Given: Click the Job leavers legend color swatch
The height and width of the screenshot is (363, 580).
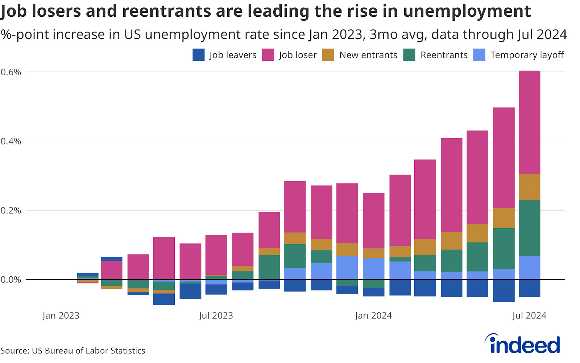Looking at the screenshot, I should click(199, 55).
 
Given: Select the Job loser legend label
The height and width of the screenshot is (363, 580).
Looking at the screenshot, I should click(298, 55).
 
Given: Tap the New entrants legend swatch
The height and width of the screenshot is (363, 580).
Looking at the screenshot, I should click(328, 55).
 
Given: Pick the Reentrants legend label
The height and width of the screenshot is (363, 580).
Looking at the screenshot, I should click(444, 55).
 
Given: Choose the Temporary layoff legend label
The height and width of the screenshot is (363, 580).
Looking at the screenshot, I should click(527, 55).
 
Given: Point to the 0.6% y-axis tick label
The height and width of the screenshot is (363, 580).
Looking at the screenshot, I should click(11, 72).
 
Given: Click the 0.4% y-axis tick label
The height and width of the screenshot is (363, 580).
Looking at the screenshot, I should click(11, 141).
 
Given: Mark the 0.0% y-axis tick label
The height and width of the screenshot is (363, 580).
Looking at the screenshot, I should click(11, 280).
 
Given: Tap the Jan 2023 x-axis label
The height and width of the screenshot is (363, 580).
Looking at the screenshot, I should click(61, 315).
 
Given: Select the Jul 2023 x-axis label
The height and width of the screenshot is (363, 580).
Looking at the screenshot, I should click(216, 315).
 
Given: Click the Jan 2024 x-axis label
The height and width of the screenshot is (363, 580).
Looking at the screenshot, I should click(373, 315).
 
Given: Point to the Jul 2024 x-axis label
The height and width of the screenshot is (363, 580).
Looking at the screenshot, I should click(529, 315).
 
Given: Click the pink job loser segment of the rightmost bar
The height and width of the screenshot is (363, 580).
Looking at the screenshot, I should click(529, 122).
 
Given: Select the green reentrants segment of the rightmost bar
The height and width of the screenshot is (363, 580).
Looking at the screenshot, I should click(529, 228).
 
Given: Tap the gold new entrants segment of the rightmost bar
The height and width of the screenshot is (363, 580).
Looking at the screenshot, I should click(529, 187).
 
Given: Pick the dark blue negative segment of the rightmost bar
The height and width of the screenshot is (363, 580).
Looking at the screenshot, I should click(529, 288).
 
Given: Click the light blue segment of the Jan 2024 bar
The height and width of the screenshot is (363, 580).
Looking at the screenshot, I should click(373, 268).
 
